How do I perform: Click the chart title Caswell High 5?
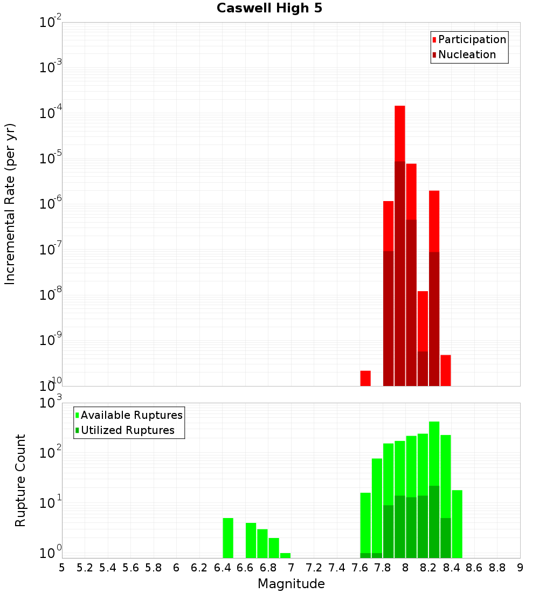(269, 9)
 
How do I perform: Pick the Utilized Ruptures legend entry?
(127, 430)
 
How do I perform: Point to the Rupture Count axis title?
(20, 480)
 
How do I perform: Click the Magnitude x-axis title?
(291, 584)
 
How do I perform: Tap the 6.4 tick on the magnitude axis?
(222, 568)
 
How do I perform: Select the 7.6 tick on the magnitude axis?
(360, 568)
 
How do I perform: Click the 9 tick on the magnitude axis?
(520, 568)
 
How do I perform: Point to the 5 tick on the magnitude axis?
(62, 568)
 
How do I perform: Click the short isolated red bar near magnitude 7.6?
(365, 378)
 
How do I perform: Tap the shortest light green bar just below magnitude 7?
(285, 555)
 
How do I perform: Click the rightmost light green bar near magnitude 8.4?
(457, 523)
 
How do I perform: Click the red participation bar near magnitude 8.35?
(446, 370)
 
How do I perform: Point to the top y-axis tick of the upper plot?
(51, 23)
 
